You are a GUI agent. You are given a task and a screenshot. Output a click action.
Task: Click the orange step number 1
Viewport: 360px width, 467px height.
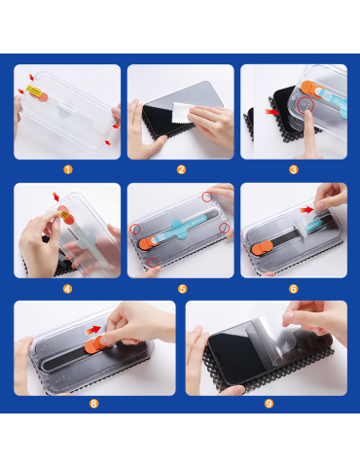(x=68, y=169)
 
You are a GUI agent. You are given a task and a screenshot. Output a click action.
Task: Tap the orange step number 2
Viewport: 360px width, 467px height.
(x=181, y=169)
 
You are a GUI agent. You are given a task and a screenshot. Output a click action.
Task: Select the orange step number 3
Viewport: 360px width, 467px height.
(x=294, y=169)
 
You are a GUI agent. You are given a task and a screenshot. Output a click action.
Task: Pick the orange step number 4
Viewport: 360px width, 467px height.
(x=67, y=289)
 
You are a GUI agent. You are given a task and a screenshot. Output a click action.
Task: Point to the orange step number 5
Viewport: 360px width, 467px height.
(x=182, y=289)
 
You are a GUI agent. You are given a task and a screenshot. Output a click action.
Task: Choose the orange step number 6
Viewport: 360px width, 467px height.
(x=294, y=289)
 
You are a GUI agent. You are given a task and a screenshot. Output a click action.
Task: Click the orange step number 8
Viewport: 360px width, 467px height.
(x=93, y=404)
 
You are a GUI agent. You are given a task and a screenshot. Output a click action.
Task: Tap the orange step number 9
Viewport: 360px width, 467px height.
(x=269, y=404)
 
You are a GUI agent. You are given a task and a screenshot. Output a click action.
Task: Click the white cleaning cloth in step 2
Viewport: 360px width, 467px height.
(x=181, y=112)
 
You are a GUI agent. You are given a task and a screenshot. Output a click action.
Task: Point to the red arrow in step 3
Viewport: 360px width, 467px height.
(x=271, y=112)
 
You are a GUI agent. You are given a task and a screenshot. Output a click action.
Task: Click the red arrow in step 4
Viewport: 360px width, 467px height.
(x=56, y=197)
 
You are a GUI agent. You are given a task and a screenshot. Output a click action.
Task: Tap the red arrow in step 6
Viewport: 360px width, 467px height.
(x=306, y=210)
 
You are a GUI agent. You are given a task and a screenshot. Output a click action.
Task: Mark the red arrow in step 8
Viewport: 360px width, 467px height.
(x=92, y=331)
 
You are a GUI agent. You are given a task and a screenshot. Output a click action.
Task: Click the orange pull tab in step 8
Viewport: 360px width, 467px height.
(x=95, y=344)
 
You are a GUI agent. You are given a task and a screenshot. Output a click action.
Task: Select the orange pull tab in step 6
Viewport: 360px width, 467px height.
(x=263, y=248)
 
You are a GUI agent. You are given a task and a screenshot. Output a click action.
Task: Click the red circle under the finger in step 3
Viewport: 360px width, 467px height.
(x=306, y=104)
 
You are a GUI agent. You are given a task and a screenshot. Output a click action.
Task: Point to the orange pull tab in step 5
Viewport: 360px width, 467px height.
(x=148, y=243)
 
